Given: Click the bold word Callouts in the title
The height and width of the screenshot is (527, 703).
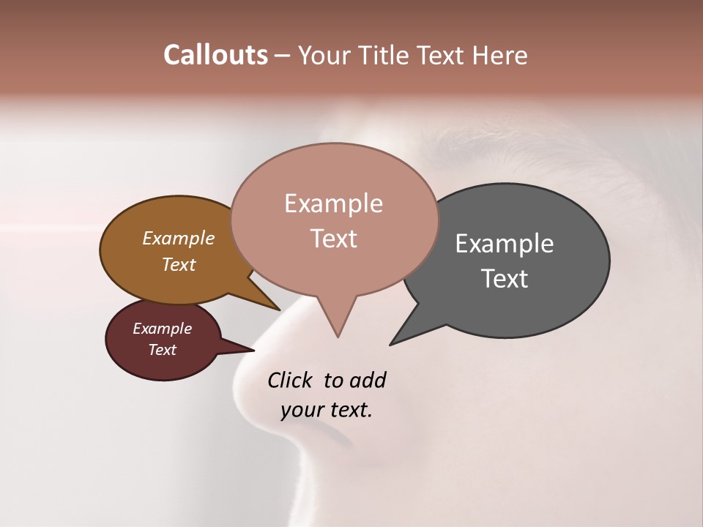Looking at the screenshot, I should coord(215,55).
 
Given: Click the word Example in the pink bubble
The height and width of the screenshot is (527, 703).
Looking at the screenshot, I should coord(333,203).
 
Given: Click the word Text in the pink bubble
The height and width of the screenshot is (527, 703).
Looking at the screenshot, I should coord(333,239).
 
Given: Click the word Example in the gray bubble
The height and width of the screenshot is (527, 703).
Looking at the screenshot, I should coord(505,244).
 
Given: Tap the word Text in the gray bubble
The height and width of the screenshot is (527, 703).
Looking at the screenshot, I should coord(505,279).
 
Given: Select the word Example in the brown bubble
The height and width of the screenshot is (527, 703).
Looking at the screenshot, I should coord(179,238).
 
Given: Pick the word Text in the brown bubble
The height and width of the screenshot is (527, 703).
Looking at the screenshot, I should coord(179,264).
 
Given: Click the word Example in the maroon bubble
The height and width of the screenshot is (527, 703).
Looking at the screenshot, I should coord(163,329).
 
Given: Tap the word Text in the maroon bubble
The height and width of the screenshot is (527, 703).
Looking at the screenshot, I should coord(163,350).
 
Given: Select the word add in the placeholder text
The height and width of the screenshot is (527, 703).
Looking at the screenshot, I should coord(368,380).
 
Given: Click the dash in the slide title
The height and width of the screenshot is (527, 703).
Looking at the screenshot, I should coord(283,56).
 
